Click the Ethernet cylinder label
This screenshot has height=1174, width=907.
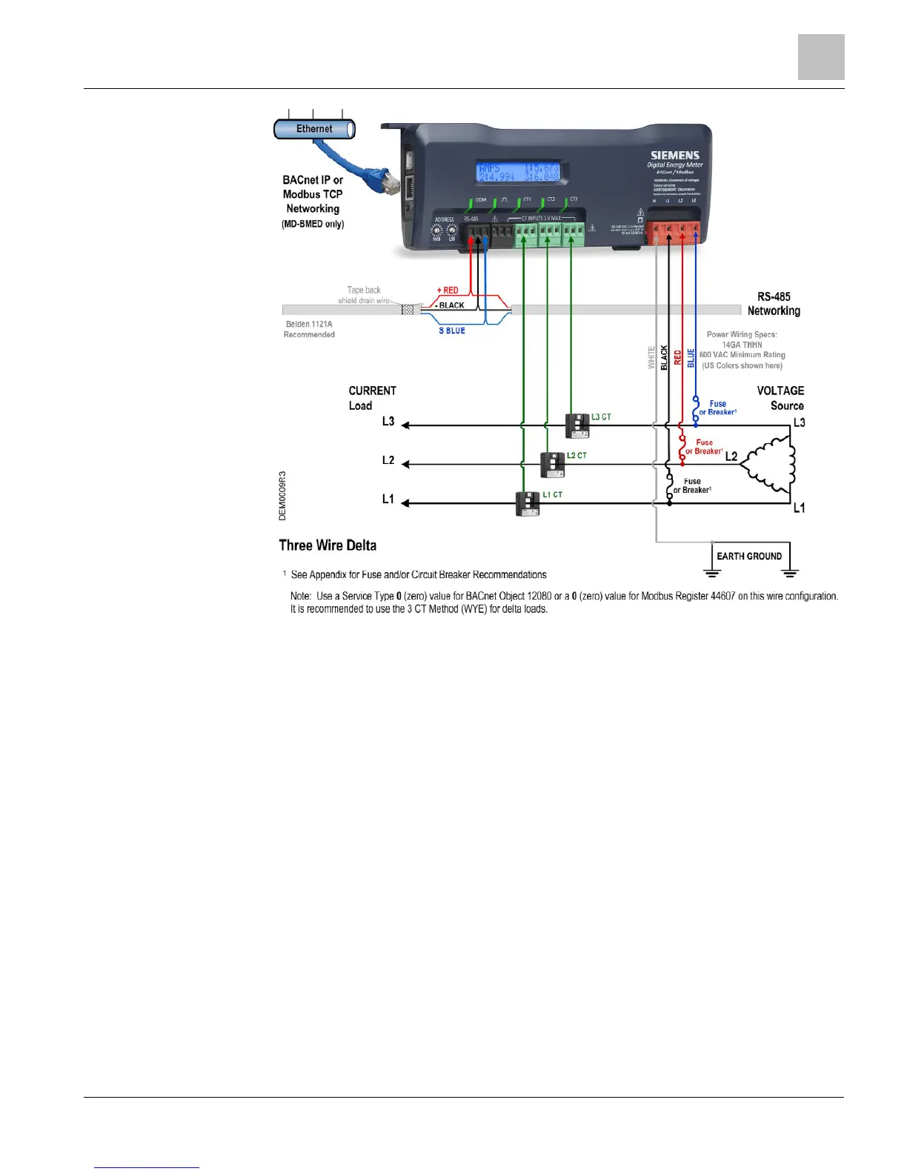pyautogui.click(x=314, y=129)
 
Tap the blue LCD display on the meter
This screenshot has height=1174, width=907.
pyautogui.click(x=517, y=172)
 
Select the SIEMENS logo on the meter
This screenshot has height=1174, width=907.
pyautogui.click(x=674, y=156)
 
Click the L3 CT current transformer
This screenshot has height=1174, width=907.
pyautogui.click(x=577, y=425)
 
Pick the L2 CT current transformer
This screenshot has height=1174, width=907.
pyautogui.click(x=552, y=465)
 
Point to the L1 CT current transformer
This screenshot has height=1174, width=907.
pyautogui.click(x=527, y=504)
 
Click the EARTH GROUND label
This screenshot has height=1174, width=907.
pyautogui.click(x=748, y=556)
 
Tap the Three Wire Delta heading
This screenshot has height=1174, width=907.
pyautogui.click(x=328, y=545)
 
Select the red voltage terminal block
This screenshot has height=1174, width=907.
pyautogui.click(x=673, y=231)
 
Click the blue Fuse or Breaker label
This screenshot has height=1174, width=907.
pyautogui.click(x=717, y=408)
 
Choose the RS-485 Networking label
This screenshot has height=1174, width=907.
pyautogui.click(x=774, y=304)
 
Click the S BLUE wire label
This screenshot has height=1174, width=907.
pyautogui.click(x=452, y=331)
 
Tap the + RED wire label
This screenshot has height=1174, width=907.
pyautogui.click(x=448, y=291)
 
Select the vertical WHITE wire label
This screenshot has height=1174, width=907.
pyautogui.click(x=651, y=358)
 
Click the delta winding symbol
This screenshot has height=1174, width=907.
pyautogui.click(x=769, y=465)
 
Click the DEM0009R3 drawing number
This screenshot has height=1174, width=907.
pyautogui.click(x=282, y=495)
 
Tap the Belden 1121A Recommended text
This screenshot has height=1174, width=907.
pyautogui.click(x=309, y=329)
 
